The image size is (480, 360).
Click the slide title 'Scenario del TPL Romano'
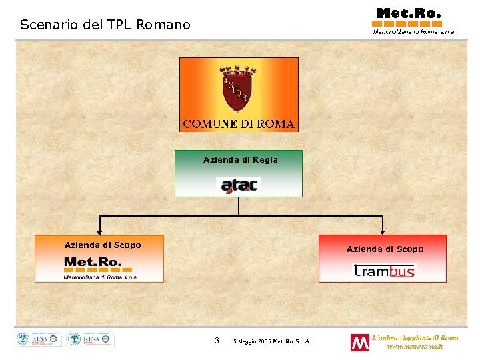coord(105,25)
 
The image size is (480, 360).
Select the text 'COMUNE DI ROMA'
coord(239,124)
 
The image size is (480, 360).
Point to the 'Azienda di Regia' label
coord(240,159)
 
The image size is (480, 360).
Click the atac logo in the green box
coord(239,184)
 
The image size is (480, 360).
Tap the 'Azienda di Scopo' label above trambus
coord(385,249)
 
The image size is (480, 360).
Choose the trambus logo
coord(383,270)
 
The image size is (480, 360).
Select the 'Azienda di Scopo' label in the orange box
coord(103,245)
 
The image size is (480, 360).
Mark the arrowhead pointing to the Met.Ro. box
coord(99,232)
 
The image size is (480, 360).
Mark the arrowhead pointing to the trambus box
coord(382,232)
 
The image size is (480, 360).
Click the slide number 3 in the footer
coord(217,341)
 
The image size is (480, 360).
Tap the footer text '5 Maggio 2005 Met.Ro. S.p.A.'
coord(275,342)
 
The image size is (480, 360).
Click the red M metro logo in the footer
coord(359,342)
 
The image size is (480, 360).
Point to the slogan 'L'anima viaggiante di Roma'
coord(415,337)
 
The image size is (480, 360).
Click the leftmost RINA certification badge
coord(39,339)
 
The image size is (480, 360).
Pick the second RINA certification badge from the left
coord(91,339)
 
